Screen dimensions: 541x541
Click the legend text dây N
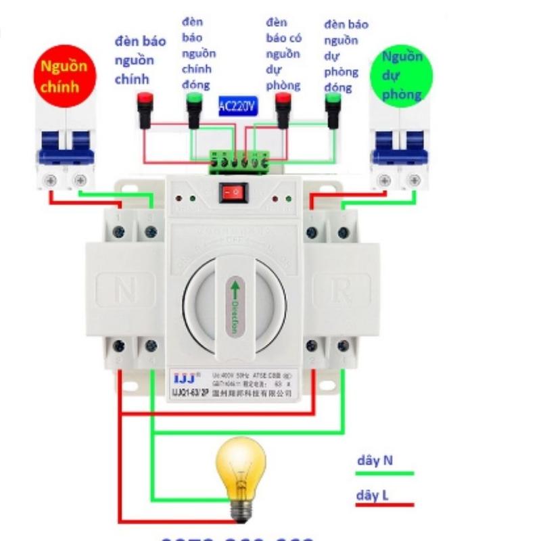coord(375,461)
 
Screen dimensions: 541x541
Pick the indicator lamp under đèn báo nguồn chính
coord(144,108)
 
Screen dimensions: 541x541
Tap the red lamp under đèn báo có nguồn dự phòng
coord(283,109)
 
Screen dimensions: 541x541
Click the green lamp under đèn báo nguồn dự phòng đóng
coord(333,109)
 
